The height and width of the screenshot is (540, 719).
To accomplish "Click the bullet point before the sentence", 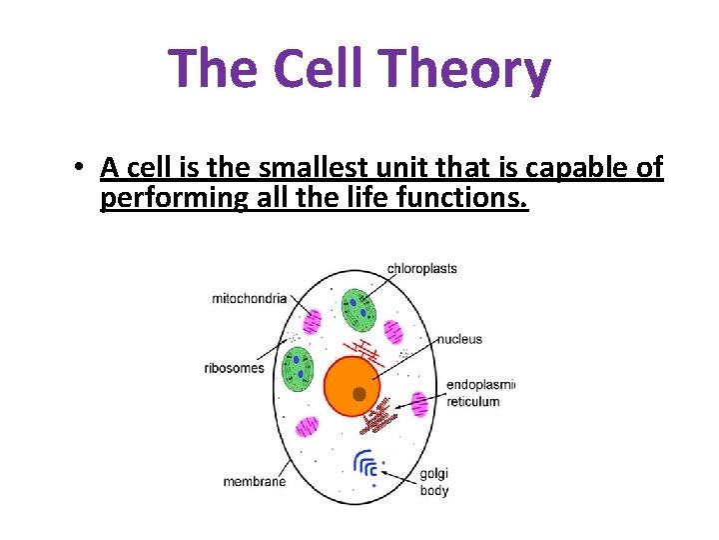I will click(x=78, y=168).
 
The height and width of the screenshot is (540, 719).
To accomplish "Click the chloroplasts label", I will click(x=421, y=268).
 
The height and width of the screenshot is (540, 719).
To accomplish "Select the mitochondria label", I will click(x=249, y=298).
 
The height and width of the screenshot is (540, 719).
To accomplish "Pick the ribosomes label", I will click(x=235, y=367).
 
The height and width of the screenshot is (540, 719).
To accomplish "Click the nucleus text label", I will click(x=459, y=339).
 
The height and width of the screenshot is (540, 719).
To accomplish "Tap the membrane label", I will click(x=254, y=481).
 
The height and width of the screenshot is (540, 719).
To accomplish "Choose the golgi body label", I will click(x=434, y=482).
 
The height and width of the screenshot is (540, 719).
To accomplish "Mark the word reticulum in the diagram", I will click(x=473, y=401).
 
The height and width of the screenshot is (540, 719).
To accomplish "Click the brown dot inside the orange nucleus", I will click(x=359, y=394).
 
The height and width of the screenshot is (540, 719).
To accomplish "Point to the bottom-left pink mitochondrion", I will click(x=307, y=427).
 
